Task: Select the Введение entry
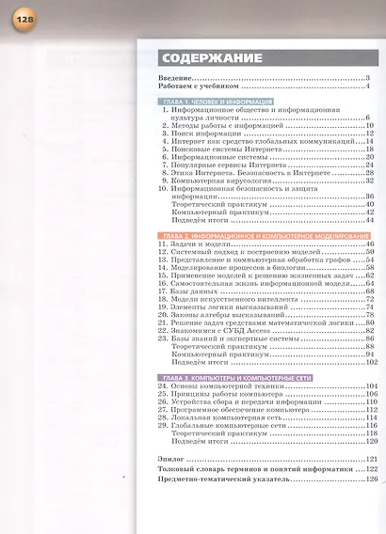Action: (x=176, y=77)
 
